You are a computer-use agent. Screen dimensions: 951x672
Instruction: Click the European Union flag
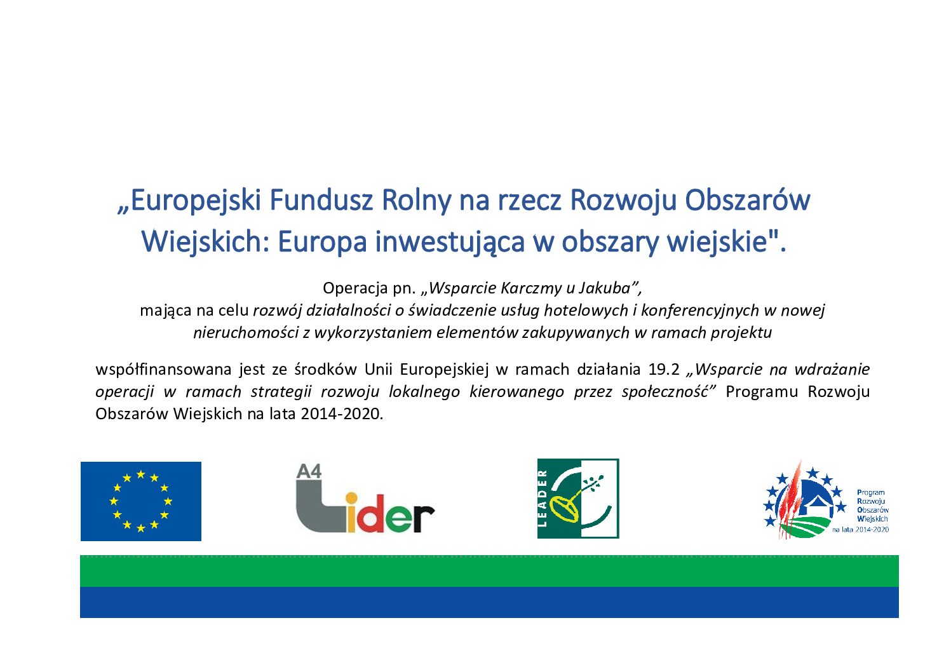[x=141, y=501]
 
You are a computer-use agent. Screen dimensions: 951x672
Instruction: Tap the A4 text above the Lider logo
[x=309, y=472]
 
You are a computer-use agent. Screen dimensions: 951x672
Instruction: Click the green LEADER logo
[x=578, y=499]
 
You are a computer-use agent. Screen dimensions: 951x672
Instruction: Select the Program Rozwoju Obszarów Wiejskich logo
[x=825, y=500]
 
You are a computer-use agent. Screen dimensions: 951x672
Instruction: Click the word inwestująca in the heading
[x=450, y=243]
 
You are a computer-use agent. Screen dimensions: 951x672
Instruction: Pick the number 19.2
[x=664, y=369]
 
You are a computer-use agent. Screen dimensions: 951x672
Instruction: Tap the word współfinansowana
[x=163, y=370]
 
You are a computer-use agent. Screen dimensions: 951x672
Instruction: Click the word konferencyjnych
[x=700, y=311]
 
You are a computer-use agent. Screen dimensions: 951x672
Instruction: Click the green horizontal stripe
[x=489, y=571]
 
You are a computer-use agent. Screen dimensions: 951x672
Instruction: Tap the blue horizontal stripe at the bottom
[x=489, y=602]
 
